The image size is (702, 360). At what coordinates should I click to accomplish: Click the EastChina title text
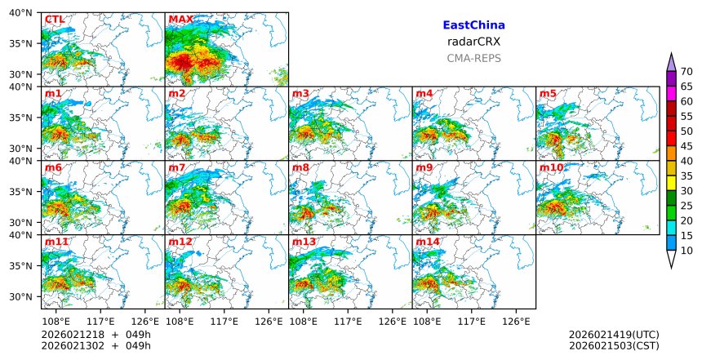click(x=473, y=25)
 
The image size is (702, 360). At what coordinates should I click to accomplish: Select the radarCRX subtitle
click(x=473, y=42)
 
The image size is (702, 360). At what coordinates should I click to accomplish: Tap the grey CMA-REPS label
click(x=473, y=58)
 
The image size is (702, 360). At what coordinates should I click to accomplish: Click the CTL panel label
click(x=54, y=19)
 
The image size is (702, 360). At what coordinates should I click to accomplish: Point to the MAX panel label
click(x=180, y=19)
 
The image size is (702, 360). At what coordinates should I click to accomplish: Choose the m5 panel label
click(x=548, y=93)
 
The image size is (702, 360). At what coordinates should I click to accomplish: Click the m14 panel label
click(x=427, y=242)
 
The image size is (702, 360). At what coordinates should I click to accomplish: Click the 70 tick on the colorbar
click(x=686, y=72)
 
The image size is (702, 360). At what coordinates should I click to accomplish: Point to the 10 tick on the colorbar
click(x=686, y=251)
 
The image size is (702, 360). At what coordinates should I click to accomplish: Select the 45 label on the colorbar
click(x=686, y=146)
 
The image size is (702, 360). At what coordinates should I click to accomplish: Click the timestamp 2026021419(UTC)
click(x=614, y=335)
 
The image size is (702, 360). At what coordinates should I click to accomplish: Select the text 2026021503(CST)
click(x=614, y=345)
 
